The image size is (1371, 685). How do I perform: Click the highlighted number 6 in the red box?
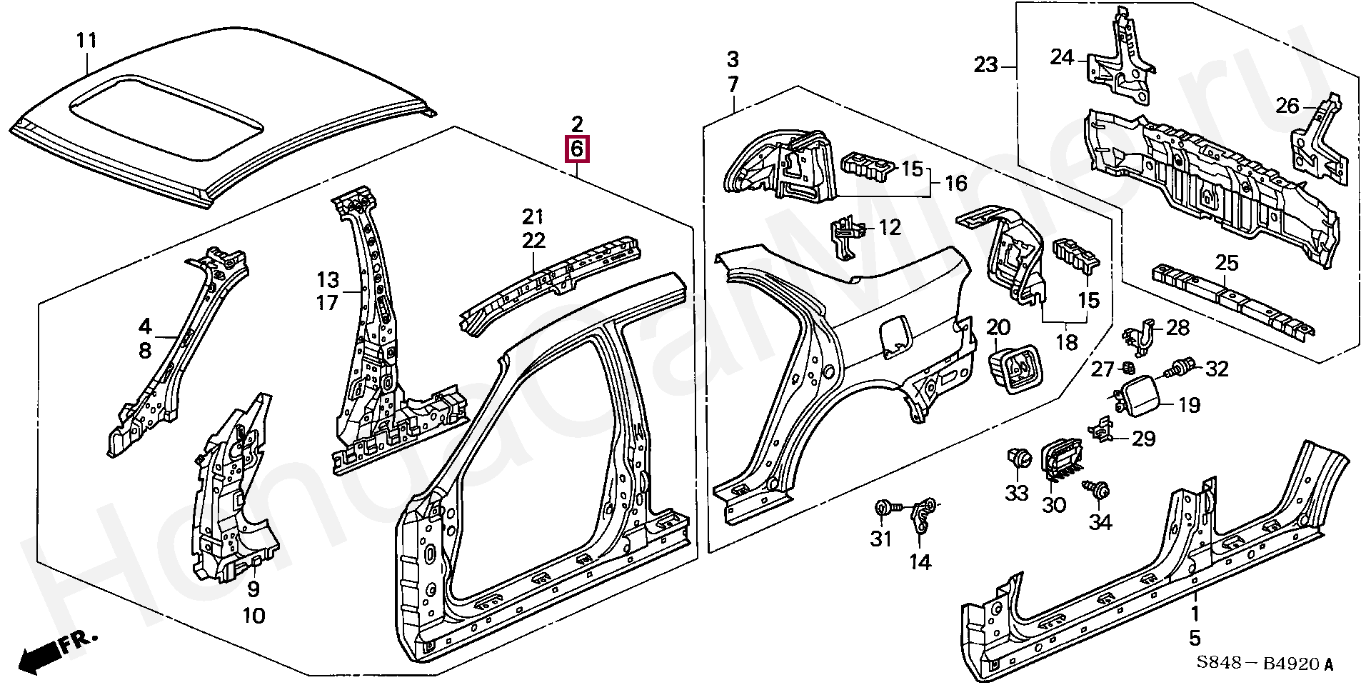tap(577, 149)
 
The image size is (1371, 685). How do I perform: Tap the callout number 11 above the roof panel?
tap(86, 41)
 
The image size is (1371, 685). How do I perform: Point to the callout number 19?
tap(1189, 406)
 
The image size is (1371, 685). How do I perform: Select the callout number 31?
tap(881, 539)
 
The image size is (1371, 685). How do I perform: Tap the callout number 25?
tap(1227, 263)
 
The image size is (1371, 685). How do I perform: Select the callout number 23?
tap(985, 66)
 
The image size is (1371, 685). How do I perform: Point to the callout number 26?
tap(1287, 106)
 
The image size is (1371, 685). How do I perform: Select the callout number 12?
tap(890, 227)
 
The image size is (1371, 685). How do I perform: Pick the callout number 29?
tap(1144, 438)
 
